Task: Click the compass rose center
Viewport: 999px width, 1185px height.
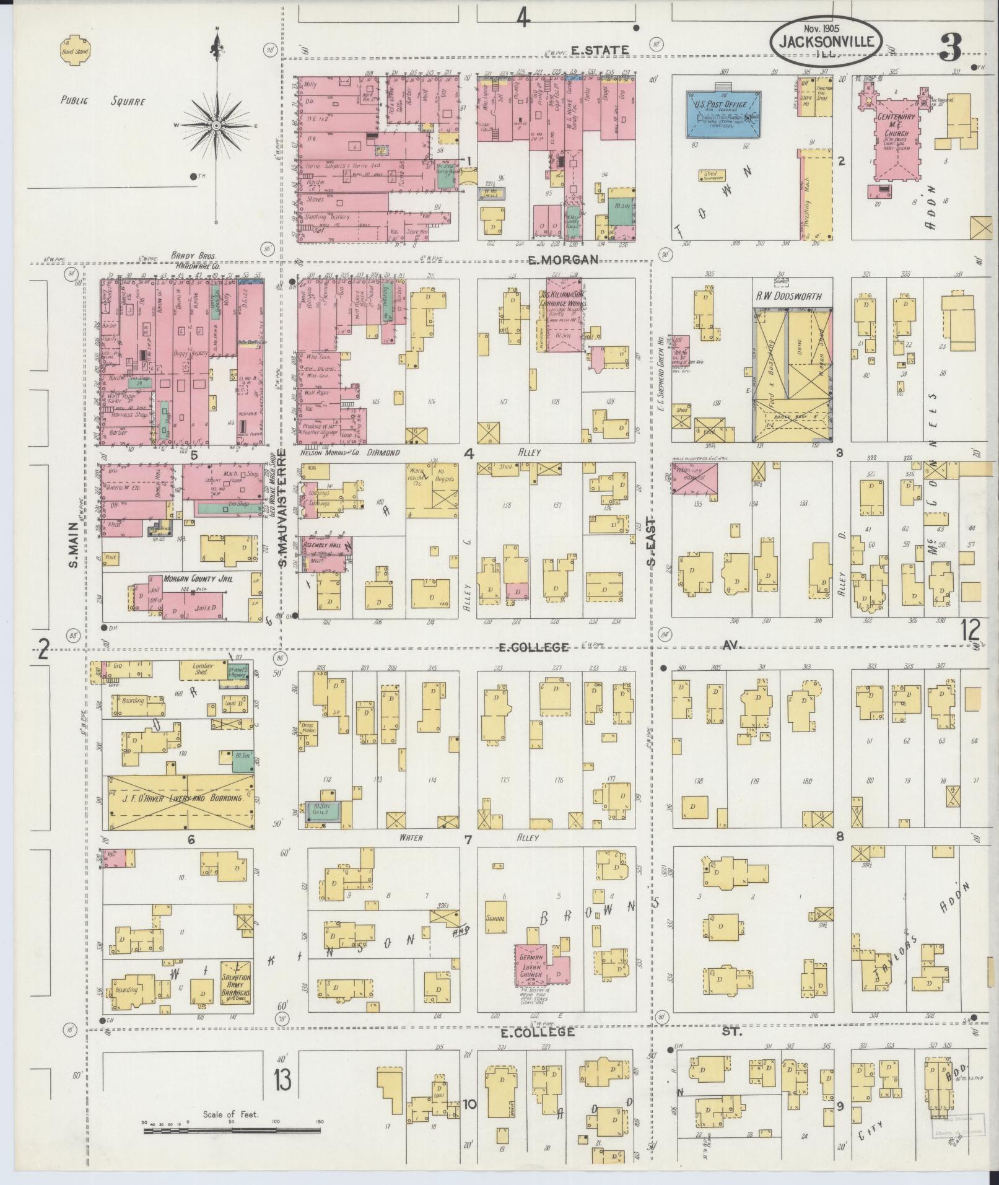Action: click(x=217, y=126)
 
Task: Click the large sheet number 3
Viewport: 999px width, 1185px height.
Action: click(x=951, y=48)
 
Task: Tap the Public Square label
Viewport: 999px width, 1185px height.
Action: click(x=103, y=100)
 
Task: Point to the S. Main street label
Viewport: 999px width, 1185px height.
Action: click(x=73, y=544)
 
